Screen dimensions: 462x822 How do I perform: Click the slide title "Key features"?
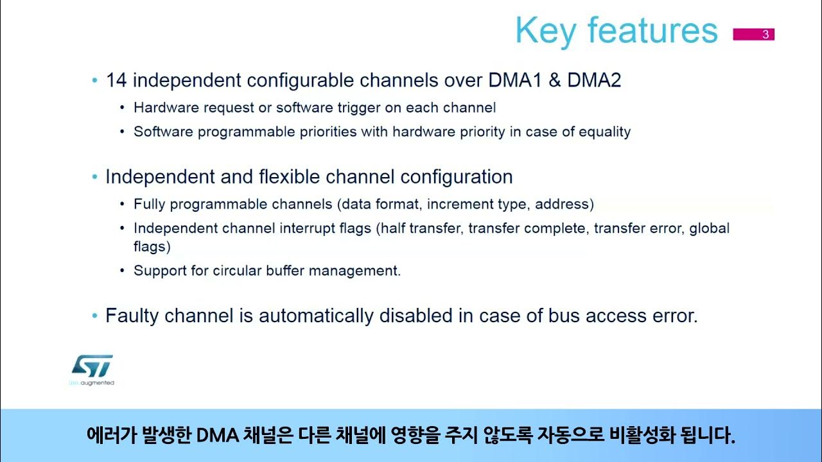(616, 31)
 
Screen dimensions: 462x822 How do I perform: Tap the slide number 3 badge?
(765, 35)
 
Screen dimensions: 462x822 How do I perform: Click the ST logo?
(92, 368)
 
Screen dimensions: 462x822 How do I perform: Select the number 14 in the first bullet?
(116, 80)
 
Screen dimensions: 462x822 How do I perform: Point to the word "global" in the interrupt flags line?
(710, 229)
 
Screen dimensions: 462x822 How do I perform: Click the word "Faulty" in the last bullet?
(132, 316)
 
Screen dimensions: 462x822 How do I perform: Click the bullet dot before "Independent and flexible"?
(94, 177)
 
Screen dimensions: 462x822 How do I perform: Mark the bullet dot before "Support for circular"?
(123, 271)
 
